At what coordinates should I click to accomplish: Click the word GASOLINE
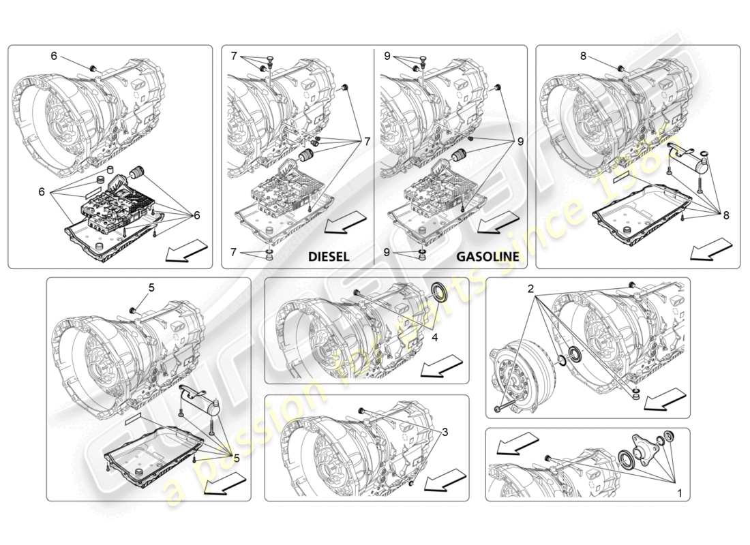tap(487, 257)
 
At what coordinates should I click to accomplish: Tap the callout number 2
tap(530, 289)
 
